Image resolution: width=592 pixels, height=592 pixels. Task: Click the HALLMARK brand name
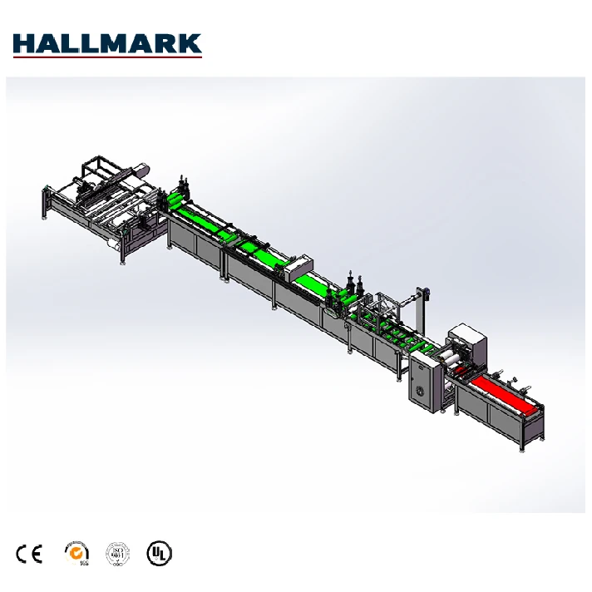coord(107,42)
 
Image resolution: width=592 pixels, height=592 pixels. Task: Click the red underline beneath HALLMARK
coord(107,57)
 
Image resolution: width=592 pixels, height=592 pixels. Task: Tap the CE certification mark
coord(29,553)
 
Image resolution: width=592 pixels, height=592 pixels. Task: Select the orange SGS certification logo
coord(76,552)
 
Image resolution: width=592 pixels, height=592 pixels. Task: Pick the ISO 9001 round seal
coord(117,553)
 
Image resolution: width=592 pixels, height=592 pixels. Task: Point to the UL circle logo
coord(159,553)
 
